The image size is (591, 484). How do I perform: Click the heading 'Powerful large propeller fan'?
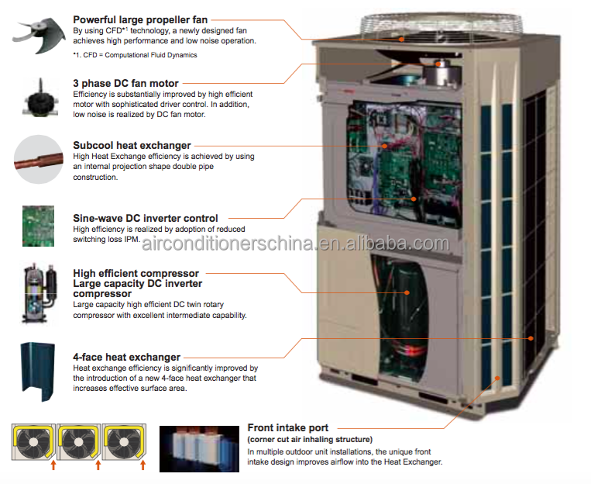[141, 19]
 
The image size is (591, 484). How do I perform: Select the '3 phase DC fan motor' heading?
[125, 83]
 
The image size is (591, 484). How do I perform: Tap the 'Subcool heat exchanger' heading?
[132, 145]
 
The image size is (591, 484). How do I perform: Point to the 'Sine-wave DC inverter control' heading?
[146, 218]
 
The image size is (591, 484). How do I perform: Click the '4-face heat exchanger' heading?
[126, 357]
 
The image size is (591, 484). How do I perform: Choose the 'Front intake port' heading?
[288, 427]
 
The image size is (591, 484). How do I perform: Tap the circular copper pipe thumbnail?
[38, 159]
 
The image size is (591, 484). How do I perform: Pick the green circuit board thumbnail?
[38, 225]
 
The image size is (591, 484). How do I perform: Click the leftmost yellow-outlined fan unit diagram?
[33, 442]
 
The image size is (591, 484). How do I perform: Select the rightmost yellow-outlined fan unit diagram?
[123, 442]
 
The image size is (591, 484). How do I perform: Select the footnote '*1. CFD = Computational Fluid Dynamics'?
[135, 55]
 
